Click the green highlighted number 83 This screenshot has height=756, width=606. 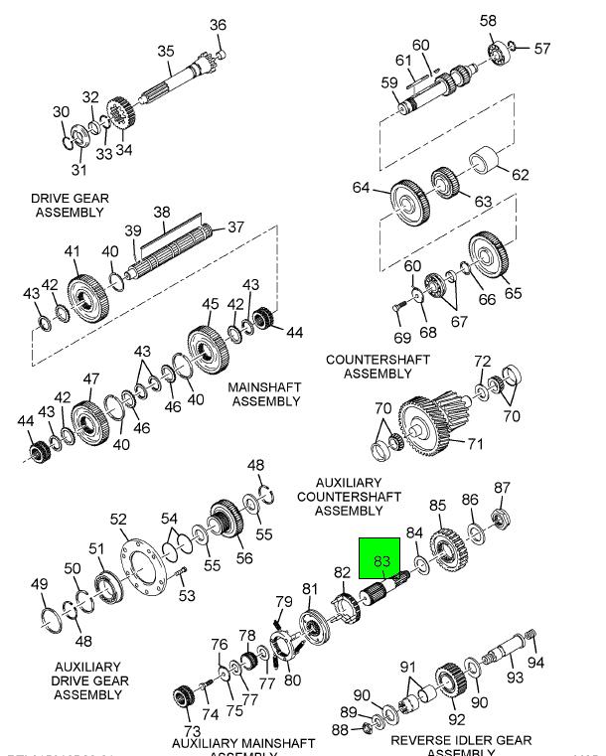380,562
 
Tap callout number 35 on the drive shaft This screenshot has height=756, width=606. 166,52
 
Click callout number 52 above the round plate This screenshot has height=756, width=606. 118,520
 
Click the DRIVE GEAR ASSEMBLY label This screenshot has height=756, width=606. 70,206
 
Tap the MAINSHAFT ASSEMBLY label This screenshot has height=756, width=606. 265,393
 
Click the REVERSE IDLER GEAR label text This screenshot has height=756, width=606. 460,741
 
